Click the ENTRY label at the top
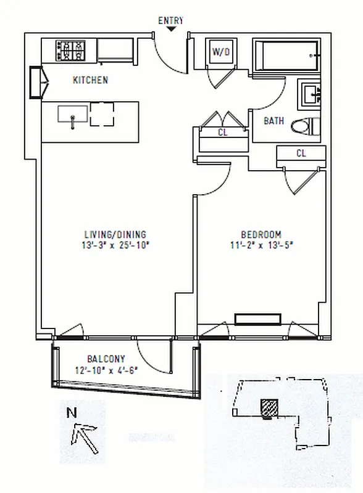tap(171, 20)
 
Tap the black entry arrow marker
tap(171, 29)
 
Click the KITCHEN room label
tap(91, 80)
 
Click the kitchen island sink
tap(72, 115)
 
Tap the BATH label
tap(274, 121)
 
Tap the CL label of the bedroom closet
tap(301, 153)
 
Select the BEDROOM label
tap(261, 235)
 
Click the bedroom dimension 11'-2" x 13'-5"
tap(261, 245)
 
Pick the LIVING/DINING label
tap(115, 235)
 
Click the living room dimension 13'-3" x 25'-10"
tap(115, 245)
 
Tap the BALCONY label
tap(106, 359)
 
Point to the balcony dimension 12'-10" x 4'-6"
tap(106, 370)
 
